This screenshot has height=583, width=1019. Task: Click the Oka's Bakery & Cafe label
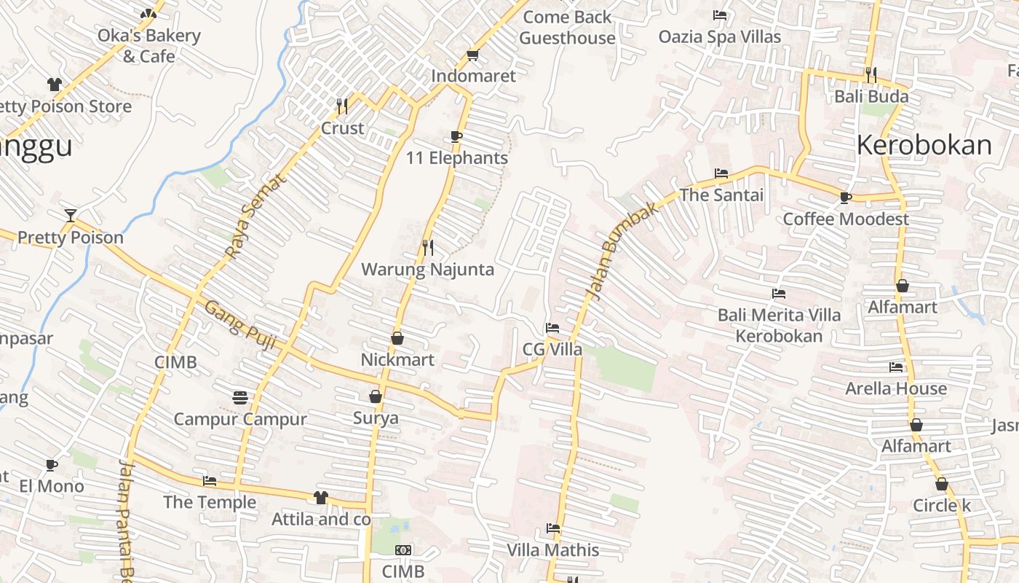pyautogui.click(x=149, y=45)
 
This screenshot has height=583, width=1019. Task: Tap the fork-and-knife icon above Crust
pyautogui.click(x=342, y=106)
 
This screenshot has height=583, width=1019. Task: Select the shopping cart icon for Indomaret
pyautogui.click(x=472, y=55)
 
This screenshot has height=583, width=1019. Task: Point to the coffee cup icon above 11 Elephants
pyautogui.click(x=456, y=136)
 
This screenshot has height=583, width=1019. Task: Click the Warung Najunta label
pyautogui.click(x=427, y=270)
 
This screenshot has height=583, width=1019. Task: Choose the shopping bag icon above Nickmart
pyautogui.click(x=397, y=338)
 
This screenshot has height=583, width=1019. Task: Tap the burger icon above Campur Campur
pyautogui.click(x=240, y=397)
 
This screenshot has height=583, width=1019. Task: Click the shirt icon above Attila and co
pyautogui.click(x=320, y=498)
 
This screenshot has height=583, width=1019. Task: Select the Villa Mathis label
pyautogui.click(x=553, y=550)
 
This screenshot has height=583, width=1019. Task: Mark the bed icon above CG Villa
pyautogui.click(x=552, y=328)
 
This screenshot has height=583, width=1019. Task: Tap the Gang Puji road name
pyautogui.click(x=239, y=325)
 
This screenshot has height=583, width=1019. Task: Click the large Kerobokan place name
pyautogui.click(x=924, y=146)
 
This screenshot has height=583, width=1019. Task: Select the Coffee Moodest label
pyautogui.click(x=846, y=219)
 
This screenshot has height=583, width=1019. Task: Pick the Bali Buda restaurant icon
pyautogui.click(x=871, y=74)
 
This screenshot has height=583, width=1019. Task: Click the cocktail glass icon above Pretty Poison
pyautogui.click(x=71, y=215)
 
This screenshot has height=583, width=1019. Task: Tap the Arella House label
pyautogui.click(x=896, y=388)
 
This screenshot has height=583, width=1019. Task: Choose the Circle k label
pyautogui.click(x=942, y=506)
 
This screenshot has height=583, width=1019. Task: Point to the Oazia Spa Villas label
pyautogui.click(x=720, y=36)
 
